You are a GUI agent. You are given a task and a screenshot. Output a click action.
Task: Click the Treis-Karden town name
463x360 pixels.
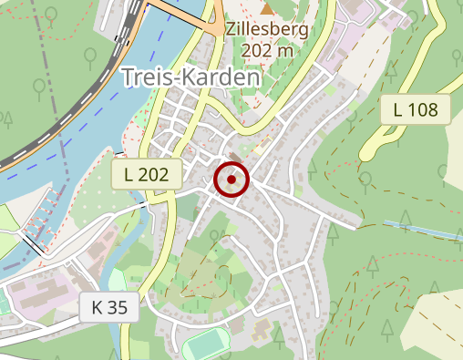coord(190,78)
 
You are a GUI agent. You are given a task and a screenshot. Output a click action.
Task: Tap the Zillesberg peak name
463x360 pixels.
coord(268,29)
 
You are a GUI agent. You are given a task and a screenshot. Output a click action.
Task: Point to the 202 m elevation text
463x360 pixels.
coord(268,50)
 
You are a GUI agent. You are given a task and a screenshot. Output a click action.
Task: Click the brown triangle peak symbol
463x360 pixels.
coord(267,9)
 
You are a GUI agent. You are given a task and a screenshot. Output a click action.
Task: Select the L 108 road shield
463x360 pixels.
coord(416,109)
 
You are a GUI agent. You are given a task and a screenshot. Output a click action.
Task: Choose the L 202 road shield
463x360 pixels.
coord(147,173)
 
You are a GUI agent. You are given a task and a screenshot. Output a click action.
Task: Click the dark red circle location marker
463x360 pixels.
coord(231,180)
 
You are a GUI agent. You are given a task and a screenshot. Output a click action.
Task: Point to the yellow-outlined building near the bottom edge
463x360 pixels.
coord(260,330)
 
